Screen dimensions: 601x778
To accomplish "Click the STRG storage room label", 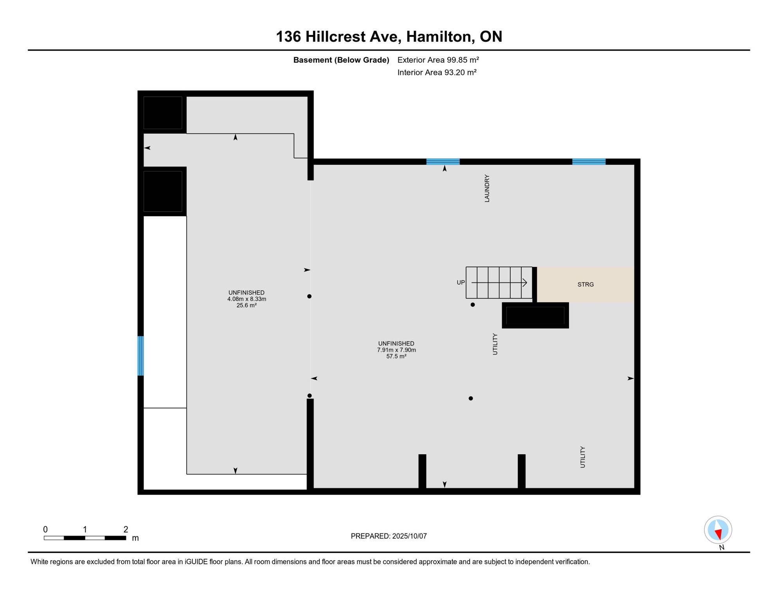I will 585,284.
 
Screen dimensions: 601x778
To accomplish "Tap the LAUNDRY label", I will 487,188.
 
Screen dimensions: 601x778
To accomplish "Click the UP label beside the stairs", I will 461,283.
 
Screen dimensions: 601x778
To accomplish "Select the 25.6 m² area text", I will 246,306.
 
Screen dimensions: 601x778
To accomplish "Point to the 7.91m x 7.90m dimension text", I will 396,350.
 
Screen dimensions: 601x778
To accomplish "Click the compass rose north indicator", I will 718,530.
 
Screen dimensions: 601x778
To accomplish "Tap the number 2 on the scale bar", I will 126,529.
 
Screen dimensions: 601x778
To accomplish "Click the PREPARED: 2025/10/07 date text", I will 389,536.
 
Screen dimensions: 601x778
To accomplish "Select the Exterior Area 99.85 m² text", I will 438,60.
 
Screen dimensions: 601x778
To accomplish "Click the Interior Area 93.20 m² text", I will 437,72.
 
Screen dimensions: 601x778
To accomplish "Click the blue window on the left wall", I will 141,356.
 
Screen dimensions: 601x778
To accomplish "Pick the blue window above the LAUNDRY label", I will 443,162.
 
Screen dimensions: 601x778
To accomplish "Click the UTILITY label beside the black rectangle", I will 495,344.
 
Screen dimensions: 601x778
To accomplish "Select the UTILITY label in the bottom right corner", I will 583,457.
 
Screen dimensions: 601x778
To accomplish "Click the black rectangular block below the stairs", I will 535,315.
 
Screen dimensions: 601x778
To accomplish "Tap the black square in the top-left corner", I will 163,113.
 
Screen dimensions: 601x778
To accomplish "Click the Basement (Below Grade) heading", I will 341,60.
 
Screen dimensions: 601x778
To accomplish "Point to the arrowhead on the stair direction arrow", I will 525,283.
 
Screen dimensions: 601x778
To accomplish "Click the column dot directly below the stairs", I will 473,304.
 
